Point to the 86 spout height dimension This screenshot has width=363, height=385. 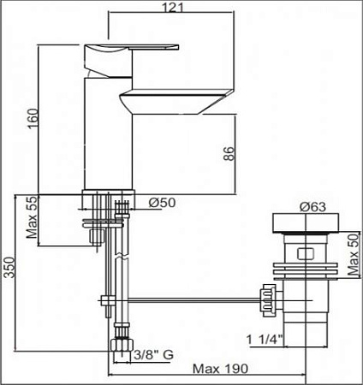pos(229,153)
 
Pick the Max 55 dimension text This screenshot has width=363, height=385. pos(32,219)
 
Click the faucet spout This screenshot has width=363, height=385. pos(180,101)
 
